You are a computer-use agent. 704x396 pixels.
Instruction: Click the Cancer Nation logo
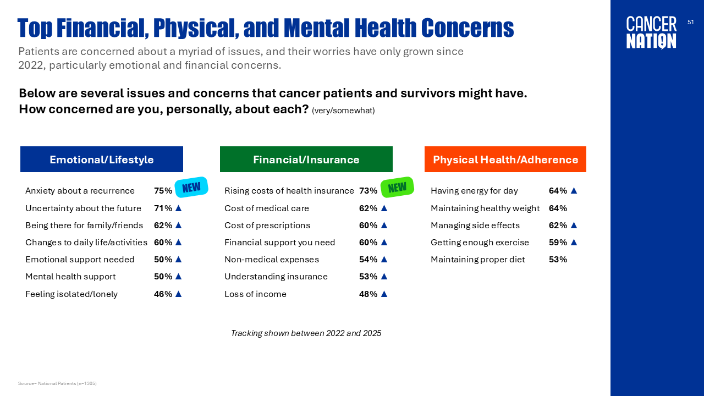[x=651, y=32]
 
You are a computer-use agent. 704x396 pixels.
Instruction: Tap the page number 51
[x=691, y=22]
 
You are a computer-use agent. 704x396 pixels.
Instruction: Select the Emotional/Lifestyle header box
[x=102, y=159]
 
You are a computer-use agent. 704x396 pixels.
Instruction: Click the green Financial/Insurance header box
[x=306, y=159]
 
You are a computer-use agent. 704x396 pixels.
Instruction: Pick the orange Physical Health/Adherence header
[x=505, y=159]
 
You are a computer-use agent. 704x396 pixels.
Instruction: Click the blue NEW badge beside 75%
[x=191, y=187]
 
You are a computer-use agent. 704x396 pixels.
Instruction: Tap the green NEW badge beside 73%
[x=397, y=187]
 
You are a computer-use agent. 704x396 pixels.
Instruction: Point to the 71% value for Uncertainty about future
[x=163, y=208]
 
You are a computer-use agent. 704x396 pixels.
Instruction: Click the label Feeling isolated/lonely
[x=71, y=294]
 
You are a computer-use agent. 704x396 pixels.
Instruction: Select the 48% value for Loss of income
[x=368, y=294]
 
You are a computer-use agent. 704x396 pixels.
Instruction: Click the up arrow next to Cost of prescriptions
[x=384, y=226]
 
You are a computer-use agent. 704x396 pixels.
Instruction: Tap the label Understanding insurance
[x=276, y=277]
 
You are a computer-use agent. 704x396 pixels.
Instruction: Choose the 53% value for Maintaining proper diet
[x=558, y=260]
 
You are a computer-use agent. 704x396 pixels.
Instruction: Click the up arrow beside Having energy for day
[x=574, y=190]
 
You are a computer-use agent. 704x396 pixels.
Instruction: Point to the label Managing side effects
[x=475, y=226]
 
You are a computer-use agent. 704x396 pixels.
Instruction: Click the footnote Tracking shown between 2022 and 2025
[x=306, y=333]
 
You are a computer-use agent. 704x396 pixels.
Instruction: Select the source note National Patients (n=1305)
[x=57, y=383]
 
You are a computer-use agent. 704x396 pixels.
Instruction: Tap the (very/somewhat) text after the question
[x=343, y=111]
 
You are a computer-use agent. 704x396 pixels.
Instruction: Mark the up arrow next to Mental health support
[x=178, y=277]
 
